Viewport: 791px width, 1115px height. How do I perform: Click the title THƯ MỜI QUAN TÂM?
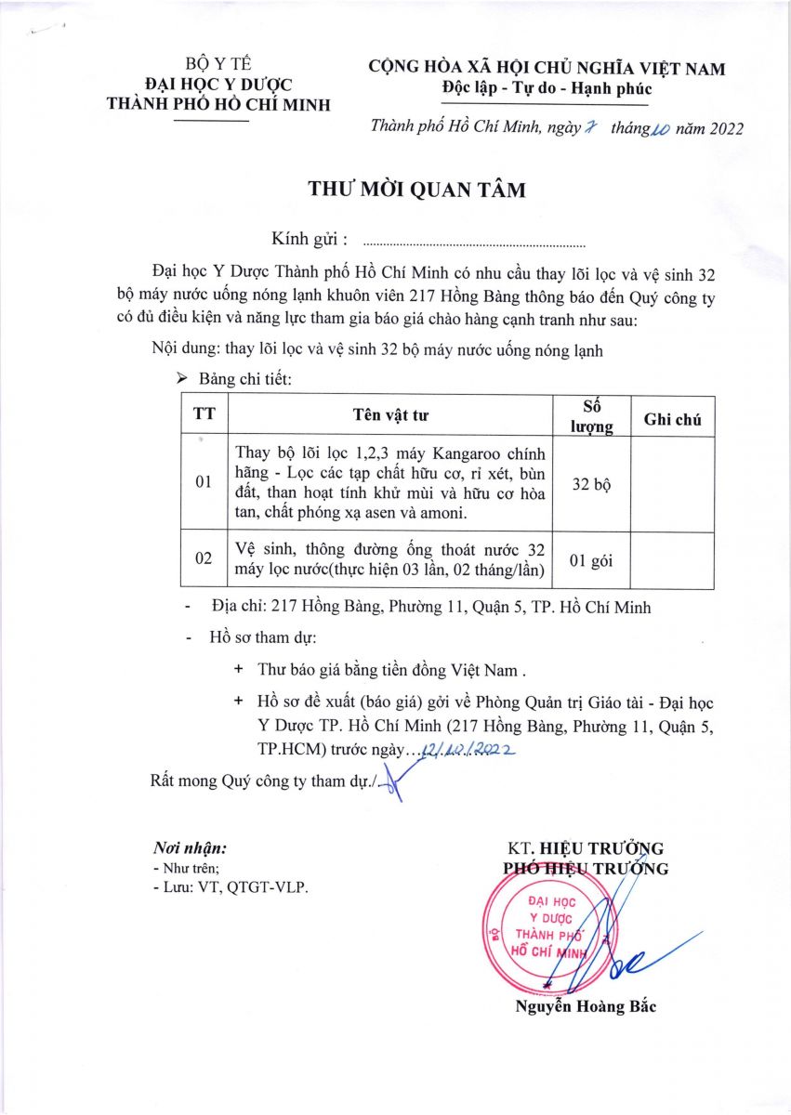coord(417,190)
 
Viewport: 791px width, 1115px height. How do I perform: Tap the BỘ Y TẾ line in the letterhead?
coord(218,64)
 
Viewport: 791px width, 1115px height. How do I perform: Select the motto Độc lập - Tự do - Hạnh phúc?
coord(547,89)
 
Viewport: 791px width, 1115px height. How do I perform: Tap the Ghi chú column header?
coord(672,420)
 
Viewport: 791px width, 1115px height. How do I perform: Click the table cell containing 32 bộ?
coord(591,484)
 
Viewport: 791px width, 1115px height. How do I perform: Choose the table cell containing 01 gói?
coord(591,559)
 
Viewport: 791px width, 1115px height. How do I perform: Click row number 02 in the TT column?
coord(204,559)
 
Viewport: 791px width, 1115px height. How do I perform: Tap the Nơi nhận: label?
coord(190,848)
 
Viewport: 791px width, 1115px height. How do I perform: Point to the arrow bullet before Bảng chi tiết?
coord(181,379)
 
